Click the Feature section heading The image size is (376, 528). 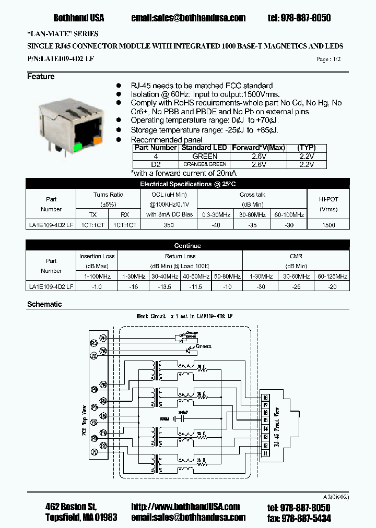pyautogui.click(x=41, y=77)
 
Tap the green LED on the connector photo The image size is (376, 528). pyautogui.click(x=78, y=147)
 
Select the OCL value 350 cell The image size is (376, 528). pyautogui.click(x=168, y=225)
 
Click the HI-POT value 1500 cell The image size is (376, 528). pyautogui.click(x=328, y=225)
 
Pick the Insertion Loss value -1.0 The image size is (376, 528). pyautogui.click(x=97, y=286)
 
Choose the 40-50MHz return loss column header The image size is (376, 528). pyautogui.click(x=196, y=277)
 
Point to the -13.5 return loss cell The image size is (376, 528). pyautogui.click(x=164, y=286)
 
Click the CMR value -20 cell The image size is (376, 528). pyautogui.click(x=333, y=286)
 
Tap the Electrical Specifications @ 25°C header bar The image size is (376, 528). pyautogui.click(x=188, y=184)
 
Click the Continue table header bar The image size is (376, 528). pyautogui.click(x=188, y=246)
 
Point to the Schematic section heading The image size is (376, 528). pyautogui.click(x=44, y=304)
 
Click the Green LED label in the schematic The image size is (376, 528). pyautogui.click(x=203, y=346)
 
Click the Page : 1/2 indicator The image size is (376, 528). pyautogui.click(x=328, y=59)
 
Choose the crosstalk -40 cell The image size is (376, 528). pyautogui.click(x=216, y=225)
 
